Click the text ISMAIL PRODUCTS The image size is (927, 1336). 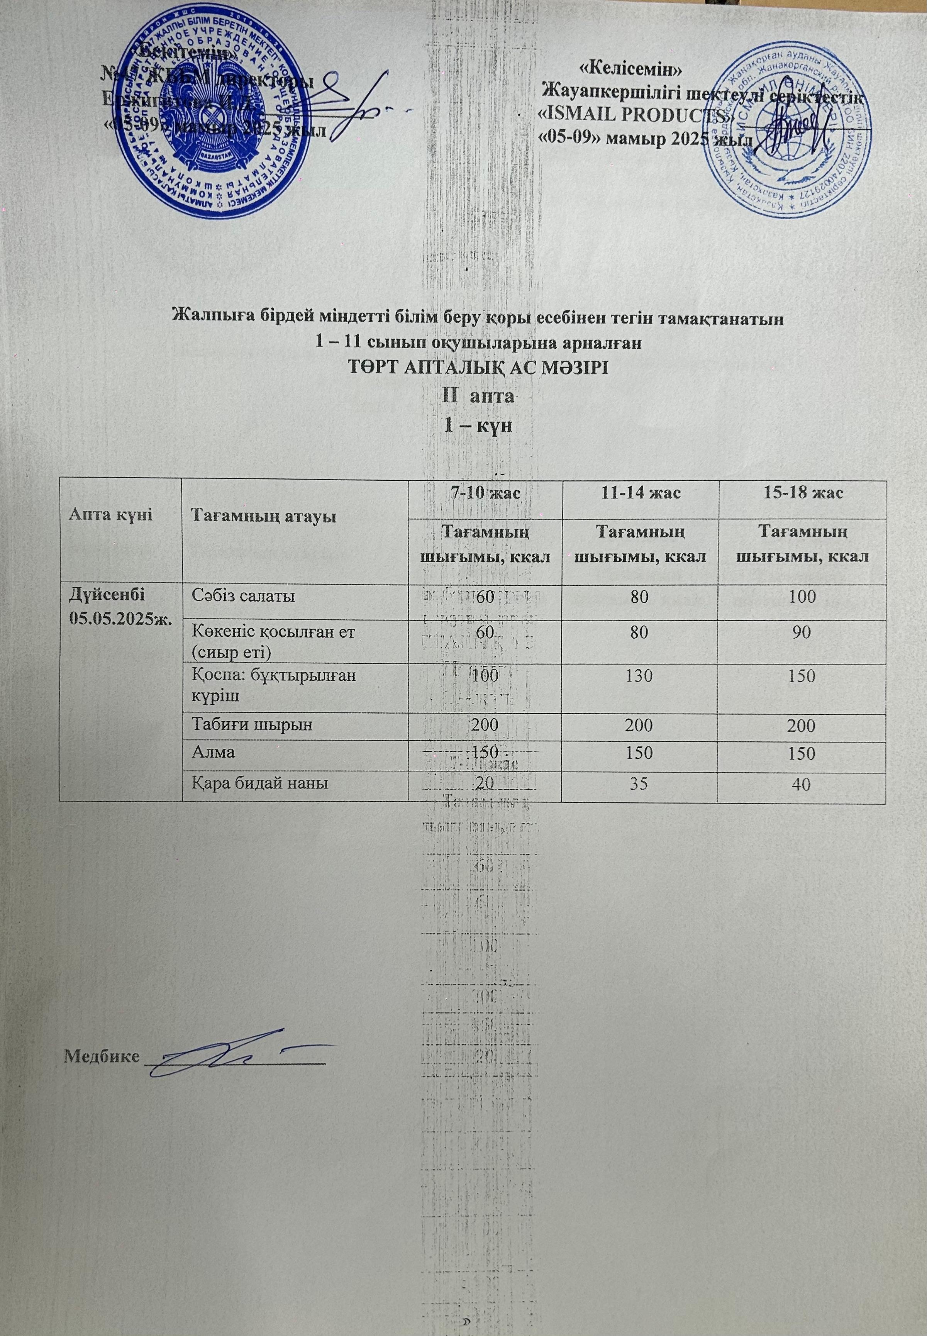tap(637, 115)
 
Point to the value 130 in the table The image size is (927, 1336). tap(639, 676)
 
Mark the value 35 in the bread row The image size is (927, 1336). tap(639, 785)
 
